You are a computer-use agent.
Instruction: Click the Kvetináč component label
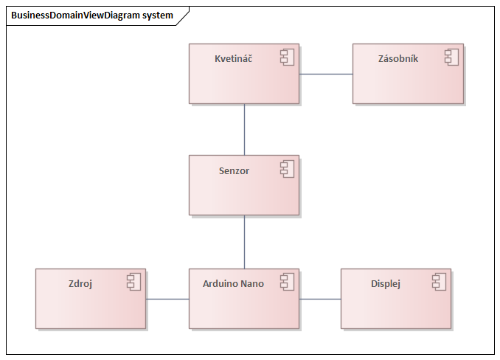coord(233,59)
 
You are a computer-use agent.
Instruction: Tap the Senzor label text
coord(234,171)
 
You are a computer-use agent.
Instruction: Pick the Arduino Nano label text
coord(233,283)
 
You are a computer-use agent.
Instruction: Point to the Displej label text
coord(386,283)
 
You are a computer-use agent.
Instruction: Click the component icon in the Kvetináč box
coord(287,58)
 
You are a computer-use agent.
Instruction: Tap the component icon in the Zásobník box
coord(451,58)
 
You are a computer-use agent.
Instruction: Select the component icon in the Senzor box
coord(287,170)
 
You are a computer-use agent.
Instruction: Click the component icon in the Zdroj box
coord(133,282)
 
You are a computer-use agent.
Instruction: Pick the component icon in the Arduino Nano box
coord(287,282)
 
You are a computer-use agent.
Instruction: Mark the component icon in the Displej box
coord(439,282)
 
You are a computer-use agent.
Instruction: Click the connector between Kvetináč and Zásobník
coord(325,74)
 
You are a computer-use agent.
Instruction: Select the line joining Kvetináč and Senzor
coord(244,129)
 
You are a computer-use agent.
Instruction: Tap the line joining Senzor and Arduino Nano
coord(244,241)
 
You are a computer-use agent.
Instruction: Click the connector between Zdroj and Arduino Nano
coord(167,299)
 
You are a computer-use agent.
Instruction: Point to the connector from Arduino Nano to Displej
coord(320,299)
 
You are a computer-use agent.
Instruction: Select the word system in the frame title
coord(158,15)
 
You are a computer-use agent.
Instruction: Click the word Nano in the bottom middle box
coord(252,283)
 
